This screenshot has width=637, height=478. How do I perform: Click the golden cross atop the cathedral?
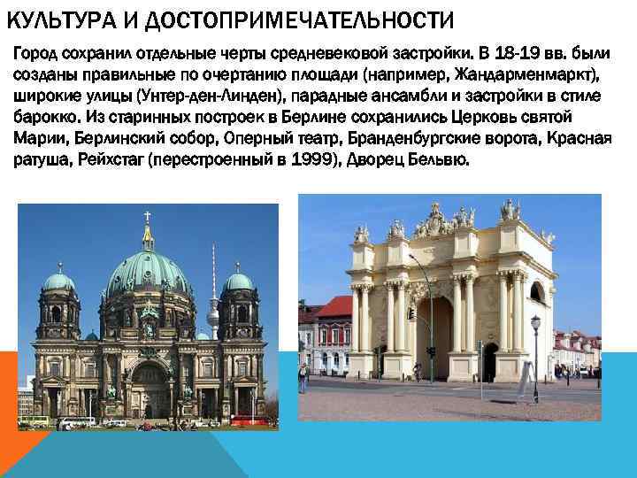[147, 215]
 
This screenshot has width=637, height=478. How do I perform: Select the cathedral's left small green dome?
[59, 282]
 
